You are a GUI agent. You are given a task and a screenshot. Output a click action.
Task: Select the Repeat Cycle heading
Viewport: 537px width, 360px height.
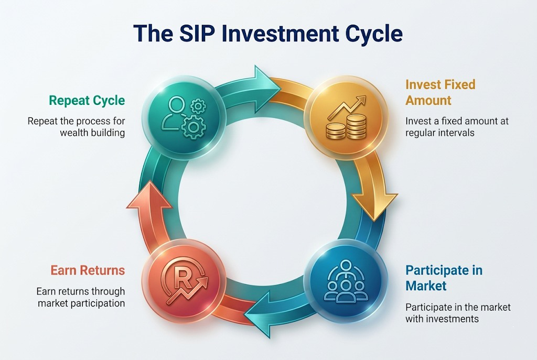87,100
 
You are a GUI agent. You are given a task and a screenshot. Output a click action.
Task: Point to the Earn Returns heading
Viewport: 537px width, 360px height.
88,270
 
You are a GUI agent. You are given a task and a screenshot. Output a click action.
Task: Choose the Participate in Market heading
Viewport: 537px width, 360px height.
444,278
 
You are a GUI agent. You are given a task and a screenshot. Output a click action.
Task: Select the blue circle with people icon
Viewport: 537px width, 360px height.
345,280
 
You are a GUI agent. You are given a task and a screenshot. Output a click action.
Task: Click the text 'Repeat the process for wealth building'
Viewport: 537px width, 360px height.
77,127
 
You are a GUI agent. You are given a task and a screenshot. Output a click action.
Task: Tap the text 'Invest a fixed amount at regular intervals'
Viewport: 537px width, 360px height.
457,127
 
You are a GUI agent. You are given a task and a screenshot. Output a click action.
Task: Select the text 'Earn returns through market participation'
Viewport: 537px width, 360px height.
81,297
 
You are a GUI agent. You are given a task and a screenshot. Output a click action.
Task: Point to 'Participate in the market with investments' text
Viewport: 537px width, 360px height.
458,312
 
